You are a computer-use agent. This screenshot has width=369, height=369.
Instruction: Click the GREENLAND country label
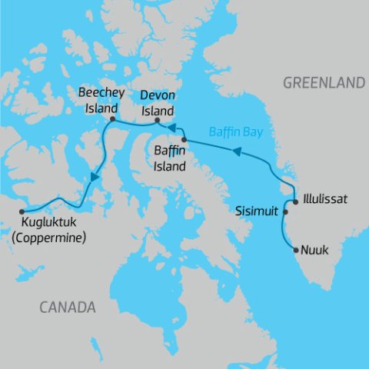tap(323, 82)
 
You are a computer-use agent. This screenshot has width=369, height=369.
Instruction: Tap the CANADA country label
tap(68, 307)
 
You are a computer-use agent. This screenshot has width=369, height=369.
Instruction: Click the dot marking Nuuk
tap(297, 250)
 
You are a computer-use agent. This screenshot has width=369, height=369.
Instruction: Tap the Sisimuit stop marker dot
tap(286, 212)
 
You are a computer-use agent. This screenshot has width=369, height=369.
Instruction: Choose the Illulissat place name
tap(325, 199)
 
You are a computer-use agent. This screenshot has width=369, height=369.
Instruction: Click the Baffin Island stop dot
tap(184, 139)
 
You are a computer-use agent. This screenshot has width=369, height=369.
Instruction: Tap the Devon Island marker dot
tap(158, 120)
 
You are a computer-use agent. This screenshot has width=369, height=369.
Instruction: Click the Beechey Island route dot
tap(112, 120)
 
